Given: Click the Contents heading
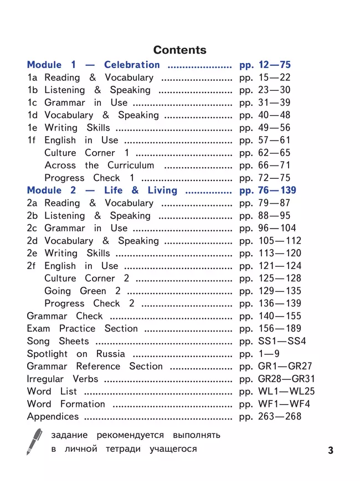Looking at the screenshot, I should coord(179,50).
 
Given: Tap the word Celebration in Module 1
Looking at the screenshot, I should coord(132,65).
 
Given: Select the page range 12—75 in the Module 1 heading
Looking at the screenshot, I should coord(274,65).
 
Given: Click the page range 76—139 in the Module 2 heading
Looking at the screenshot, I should coord(277,190).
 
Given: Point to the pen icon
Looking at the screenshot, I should coord(34,441).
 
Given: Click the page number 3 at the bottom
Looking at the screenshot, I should coord(331,450).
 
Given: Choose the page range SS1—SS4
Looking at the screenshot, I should coord(282,341).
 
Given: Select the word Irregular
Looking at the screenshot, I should coord(47,379).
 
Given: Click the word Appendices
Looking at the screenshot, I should coord(53,417).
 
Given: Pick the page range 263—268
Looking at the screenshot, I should coord(280,416).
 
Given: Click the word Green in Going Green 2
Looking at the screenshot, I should coord(92,291).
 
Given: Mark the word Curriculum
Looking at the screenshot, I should coord(131,165).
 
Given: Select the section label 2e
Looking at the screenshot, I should coord(33,254).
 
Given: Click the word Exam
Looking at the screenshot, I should coord(38,329).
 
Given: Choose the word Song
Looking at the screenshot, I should coord(38,341).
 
